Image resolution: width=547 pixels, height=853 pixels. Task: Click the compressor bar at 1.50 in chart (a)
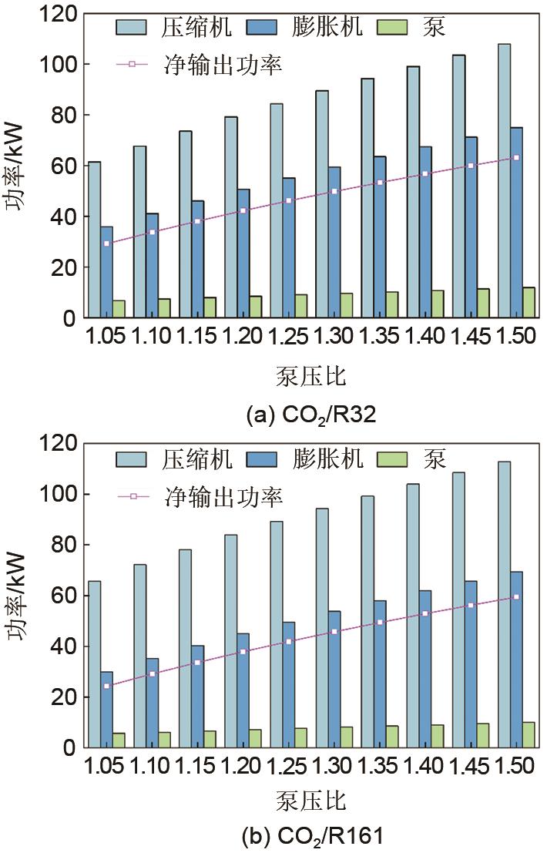click(505, 181)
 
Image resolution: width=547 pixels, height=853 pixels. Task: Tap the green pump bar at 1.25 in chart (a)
click(301, 306)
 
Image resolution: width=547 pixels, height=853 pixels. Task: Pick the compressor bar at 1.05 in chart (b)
click(94, 664)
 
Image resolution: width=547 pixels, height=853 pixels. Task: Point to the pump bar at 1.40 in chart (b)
click(438, 737)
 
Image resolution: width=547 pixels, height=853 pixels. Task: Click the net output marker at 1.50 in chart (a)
click(516, 157)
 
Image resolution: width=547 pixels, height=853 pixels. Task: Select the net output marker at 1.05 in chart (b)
click(106, 686)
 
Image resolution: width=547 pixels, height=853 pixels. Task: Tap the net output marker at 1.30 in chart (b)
click(334, 631)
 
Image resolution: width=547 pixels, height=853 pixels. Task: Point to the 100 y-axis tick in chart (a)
click(63, 65)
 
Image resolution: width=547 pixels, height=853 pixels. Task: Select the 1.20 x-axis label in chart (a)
click(243, 338)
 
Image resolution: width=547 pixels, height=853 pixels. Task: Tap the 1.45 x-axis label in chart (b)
click(471, 767)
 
